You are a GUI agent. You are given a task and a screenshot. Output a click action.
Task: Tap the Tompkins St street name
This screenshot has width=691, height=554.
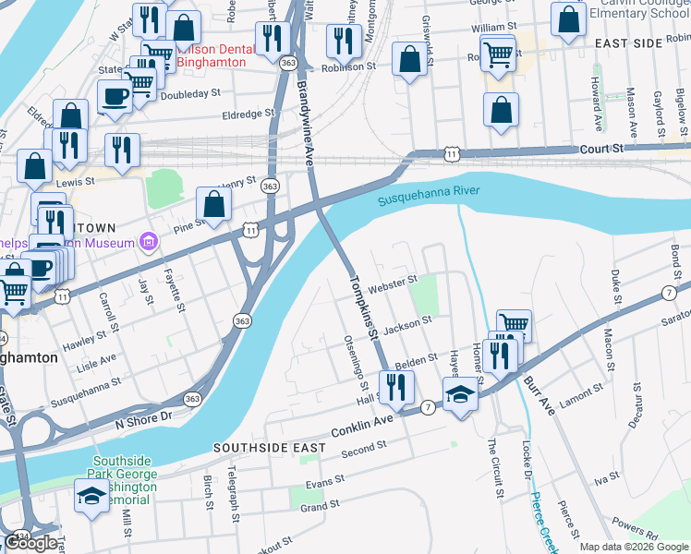pyautogui.click(x=364, y=310)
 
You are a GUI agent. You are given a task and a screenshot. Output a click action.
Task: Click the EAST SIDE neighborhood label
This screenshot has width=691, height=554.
pyautogui.click(x=628, y=43)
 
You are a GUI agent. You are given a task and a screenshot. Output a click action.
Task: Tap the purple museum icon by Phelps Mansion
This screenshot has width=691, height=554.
pyautogui.click(x=148, y=243)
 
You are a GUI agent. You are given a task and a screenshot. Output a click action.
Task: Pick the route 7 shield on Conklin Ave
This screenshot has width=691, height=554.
pyautogui.click(x=428, y=407)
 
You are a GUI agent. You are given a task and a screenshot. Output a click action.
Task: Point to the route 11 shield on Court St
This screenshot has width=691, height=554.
pyautogui.click(x=450, y=151)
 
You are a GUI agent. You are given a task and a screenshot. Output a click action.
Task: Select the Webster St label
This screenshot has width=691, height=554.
pyautogui.click(x=393, y=283)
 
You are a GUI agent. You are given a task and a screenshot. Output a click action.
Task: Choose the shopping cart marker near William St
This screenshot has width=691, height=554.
pyautogui.click(x=498, y=54)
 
